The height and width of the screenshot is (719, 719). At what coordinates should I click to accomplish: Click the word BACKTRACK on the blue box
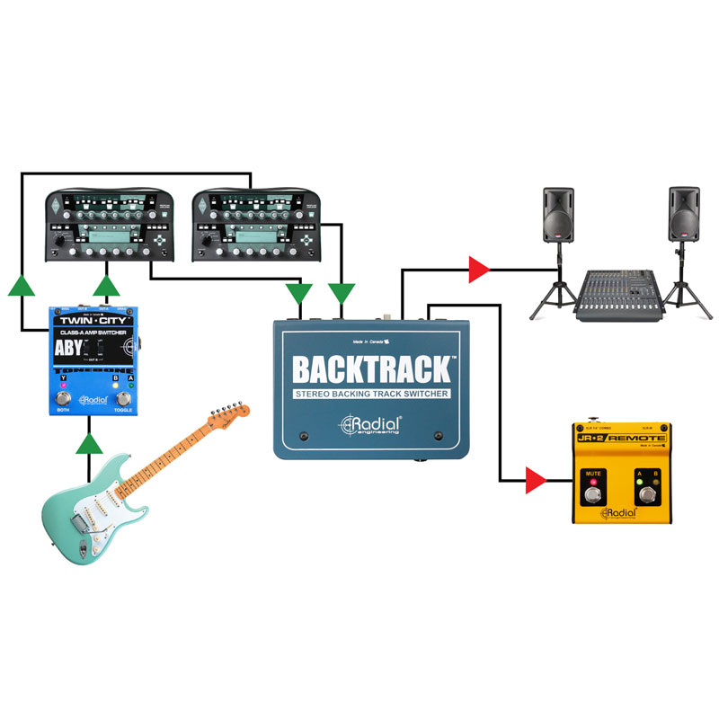point(371,369)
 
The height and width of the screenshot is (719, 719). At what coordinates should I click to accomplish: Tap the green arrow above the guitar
point(88,443)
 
